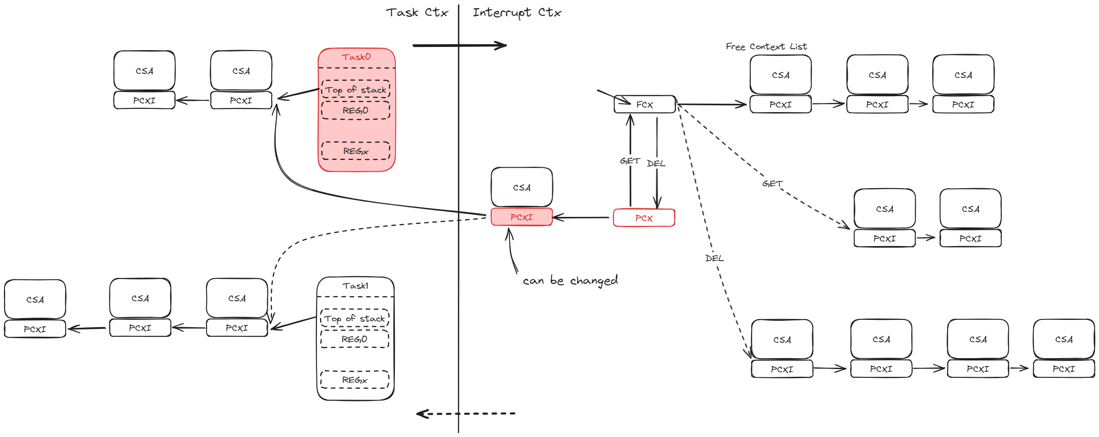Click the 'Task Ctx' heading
pos(417,12)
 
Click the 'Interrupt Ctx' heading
pos(517,12)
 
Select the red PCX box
pos(644,218)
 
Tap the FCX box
pos(644,104)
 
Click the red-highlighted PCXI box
pos(521,217)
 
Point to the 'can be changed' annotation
pos(570,281)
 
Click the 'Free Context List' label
pos(766,46)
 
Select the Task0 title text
pos(356,57)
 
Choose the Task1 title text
pos(355,286)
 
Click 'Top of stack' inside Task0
pos(356,90)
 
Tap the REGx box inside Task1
pos(354,380)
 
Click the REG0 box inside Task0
pos(356,110)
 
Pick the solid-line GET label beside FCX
pos(629,161)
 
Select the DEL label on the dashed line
pos(714,258)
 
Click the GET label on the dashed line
pos(772,184)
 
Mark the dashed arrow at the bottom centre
pos(465,414)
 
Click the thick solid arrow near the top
pos(458,46)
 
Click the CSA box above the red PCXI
pos(522,187)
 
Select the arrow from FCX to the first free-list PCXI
pos(711,105)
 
